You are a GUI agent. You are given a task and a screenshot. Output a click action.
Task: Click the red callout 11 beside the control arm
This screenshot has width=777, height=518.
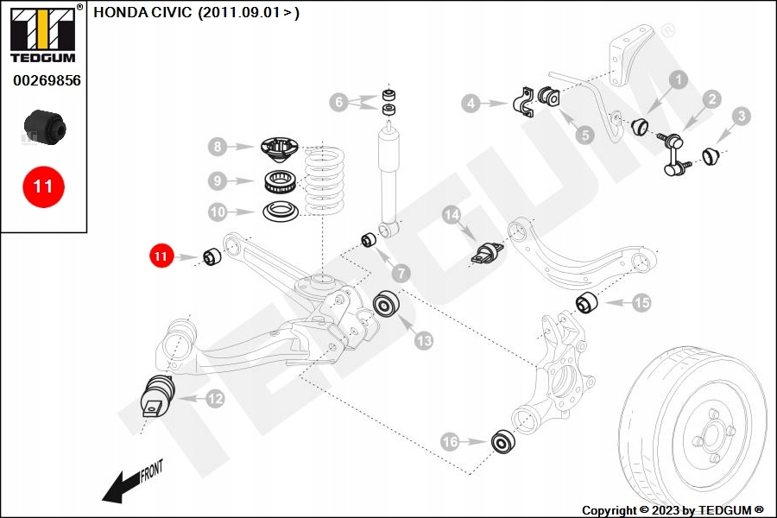[x=161, y=256]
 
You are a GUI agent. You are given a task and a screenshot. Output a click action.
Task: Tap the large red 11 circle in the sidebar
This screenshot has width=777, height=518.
[x=42, y=186]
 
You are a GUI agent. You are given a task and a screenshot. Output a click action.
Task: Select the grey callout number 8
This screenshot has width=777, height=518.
[x=218, y=148]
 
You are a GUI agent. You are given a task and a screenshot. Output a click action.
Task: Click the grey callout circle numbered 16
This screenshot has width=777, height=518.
[x=450, y=442]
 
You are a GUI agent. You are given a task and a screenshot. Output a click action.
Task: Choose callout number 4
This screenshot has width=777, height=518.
[x=471, y=104]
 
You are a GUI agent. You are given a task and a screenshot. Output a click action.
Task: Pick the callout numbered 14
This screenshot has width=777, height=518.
[x=452, y=215]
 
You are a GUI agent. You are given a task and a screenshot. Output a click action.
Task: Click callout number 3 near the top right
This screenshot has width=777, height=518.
[x=742, y=116]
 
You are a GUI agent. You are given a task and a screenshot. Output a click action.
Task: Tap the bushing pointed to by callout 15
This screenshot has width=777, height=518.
[x=588, y=304]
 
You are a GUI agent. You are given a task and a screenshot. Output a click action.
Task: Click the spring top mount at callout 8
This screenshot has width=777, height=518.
[x=278, y=148]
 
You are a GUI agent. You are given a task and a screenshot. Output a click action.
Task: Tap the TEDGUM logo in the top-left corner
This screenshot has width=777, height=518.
[x=42, y=35]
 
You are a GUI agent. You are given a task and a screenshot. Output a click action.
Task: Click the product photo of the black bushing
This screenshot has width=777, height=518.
[x=45, y=126]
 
